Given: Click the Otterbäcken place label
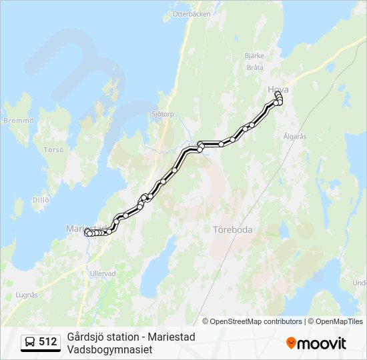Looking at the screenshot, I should point(192,13).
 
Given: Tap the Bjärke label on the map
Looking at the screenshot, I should point(254,55).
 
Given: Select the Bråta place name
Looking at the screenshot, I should point(254,67).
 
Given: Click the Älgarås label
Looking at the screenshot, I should point(294,136).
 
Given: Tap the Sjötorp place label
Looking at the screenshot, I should point(163,114).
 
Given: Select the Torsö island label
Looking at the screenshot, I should point(53,150).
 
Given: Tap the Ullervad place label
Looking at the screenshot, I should point(103,273).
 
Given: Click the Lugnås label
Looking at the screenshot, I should point(25,294).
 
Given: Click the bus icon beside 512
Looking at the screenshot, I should point(30,343).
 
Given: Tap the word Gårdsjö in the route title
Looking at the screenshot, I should point(84,337).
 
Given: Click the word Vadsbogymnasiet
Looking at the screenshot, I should point(110,349).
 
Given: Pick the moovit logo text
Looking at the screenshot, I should point(322,343).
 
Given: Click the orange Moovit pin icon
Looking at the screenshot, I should point(292,343).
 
